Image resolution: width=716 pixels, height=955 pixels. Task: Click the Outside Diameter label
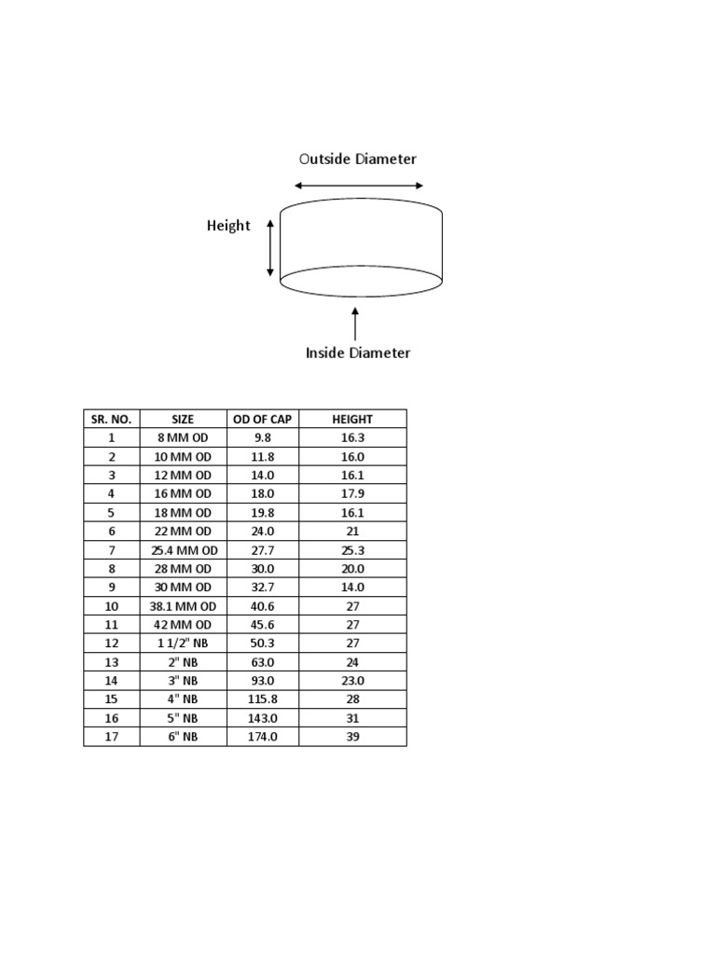click(357, 159)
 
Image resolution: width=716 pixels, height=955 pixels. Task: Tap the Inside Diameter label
click(358, 353)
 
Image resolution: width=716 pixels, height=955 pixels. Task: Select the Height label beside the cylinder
click(228, 226)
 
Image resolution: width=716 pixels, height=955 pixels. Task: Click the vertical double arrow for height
click(270, 248)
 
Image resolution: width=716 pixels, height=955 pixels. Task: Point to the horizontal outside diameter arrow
click(358, 186)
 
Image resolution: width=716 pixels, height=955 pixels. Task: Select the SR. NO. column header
click(112, 419)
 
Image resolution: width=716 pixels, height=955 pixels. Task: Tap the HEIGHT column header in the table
click(352, 419)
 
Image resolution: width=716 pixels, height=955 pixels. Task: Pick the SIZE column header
click(183, 419)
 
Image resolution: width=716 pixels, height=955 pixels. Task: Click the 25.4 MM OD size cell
click(184, 550)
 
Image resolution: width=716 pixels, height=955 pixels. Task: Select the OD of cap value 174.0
click(262, 737)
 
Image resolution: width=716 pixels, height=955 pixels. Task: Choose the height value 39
click(352, 737)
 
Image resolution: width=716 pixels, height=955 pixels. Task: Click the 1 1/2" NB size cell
click(184, 644)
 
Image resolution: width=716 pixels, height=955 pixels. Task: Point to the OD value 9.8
click(262, 437)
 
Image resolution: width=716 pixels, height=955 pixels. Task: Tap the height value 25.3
click(352, 550)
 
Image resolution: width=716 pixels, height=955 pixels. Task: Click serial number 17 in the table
click(112, 737)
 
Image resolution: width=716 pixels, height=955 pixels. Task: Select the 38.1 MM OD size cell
click(184, 606)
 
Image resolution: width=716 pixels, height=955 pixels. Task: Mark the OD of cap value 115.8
click(262, 699)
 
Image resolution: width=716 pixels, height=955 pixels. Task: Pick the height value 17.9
click(352, 493)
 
